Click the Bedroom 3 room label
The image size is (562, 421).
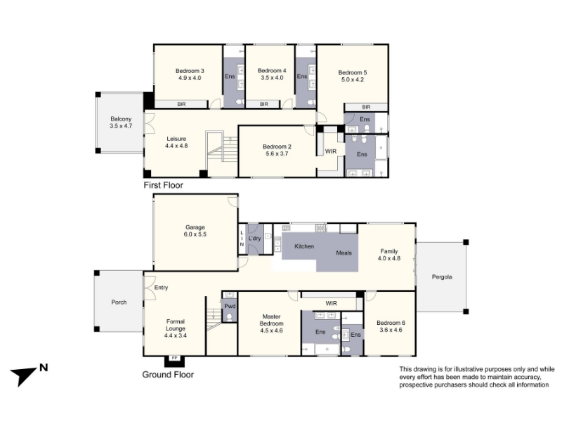pyautogui.click(x=190, y=71)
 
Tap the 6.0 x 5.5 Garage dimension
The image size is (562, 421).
pyautogui.click(x=195, y=234)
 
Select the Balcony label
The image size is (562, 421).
pyautogui.click(x=121, y=119)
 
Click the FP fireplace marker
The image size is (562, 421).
pyautogui.click(x=174, y=358)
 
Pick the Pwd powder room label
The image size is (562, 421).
pyautogui.click(x=230, y=306)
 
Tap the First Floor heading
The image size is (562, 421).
pyautogui.click(x=163, y=185)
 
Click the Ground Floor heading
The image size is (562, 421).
pyautogui.click(x=168, y=375)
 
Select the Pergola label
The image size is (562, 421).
pyautogui.click(x=442, y=277)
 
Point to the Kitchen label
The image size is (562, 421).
pyautogui.click(x=304, y=246)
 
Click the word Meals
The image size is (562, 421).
pyautogui.click(x=344, y=253)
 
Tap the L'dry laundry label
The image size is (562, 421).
pyautogui.click(x=254, y=239)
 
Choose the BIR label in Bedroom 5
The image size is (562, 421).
pyautogui.click(x=366, y=107)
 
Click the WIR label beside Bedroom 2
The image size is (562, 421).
pyautogui.click(x=331, y=152)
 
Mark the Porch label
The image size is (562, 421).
pyautogui.click(x=119, y=302)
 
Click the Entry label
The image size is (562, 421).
pyautogui.click(x=161, y=288)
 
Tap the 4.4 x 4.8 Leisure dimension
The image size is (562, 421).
pyautogui.click(x=176, y=146)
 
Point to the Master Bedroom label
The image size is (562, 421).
pyautogui.click(x=271, y=320)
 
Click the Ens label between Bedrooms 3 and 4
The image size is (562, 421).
pyautogui.click(x=230, y=76)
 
